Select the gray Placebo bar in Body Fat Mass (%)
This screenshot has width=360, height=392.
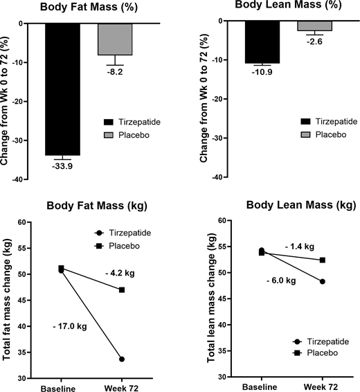coord(115,39)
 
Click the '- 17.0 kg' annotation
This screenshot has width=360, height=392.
coord(69,326)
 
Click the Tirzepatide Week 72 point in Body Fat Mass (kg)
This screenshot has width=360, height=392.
coord(122,359)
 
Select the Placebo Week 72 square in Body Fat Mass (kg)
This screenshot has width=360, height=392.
coord(122,289)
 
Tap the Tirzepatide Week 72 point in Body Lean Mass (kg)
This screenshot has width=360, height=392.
coord(322,281)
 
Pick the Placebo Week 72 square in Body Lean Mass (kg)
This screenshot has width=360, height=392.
coord(322,260)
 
